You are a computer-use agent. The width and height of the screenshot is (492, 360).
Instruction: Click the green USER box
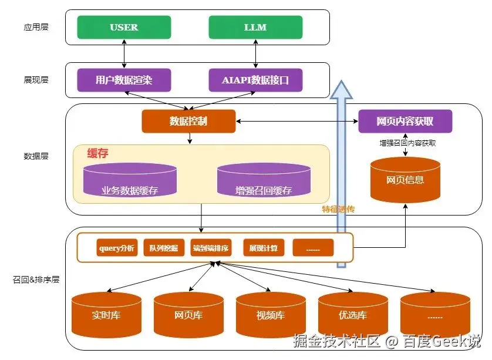[x=124, y=27]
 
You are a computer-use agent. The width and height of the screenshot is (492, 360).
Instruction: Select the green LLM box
[x=255, y=27]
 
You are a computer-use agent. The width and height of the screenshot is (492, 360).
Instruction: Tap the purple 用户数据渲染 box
[x=124, y=80]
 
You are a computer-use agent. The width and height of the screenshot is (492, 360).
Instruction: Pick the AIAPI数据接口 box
[x=255, y=80]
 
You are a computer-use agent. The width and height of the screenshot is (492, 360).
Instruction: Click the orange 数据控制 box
[x=188, y=121]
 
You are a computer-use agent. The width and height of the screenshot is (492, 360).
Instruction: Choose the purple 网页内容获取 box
[x=405, y=121]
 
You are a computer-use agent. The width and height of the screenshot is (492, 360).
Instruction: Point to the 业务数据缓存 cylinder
[x=130, y=180]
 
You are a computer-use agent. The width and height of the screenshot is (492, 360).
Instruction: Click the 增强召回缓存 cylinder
[x=264, y=180]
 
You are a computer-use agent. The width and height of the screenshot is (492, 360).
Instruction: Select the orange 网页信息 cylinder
[x=405, y=180]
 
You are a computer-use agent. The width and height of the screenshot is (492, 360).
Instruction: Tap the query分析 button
[x=117, y=248]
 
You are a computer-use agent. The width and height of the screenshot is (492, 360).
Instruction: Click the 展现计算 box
[x=263, y=248]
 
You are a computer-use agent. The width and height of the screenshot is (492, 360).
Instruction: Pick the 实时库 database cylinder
[x=106, y=314]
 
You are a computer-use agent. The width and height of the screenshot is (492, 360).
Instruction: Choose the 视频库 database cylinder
[x=271, y=314]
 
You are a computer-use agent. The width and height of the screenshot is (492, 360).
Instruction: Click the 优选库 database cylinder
[x=353, y=314]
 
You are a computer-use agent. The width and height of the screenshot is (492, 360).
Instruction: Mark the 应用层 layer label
[x=36, y=27]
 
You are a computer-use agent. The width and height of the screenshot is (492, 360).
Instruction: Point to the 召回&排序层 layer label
[x=36, y=280]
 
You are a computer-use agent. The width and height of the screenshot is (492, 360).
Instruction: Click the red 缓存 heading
[x=98, y=153]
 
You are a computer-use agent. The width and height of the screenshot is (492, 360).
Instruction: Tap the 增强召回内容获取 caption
[x=407, y=143]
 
